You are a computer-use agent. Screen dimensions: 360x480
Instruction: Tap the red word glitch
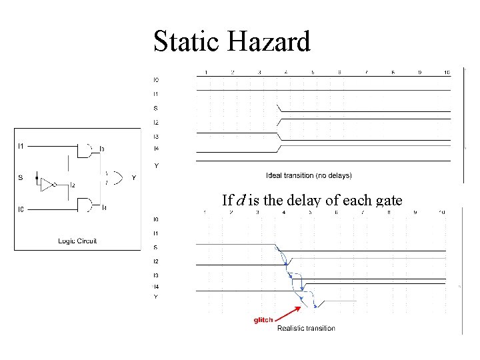point(263,320)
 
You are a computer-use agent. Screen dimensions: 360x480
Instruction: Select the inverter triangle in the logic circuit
point(47,184)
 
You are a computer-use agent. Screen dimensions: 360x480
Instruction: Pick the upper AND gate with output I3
point(87,151)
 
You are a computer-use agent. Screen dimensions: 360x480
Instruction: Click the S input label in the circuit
point(20,177)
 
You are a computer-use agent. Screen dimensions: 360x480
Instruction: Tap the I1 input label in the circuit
point(21,145)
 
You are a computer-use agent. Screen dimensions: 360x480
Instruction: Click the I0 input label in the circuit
point(21,210)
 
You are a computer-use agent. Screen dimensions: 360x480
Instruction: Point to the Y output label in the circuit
point(134,178)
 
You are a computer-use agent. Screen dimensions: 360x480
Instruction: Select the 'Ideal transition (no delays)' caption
point(309,176)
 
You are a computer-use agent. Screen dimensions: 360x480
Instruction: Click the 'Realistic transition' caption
point(306,328)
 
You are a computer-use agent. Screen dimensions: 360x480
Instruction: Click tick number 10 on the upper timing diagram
point(447,71)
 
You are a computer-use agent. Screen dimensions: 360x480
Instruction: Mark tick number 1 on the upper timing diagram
point(206,71)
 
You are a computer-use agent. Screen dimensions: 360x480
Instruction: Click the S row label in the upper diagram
point(156,108)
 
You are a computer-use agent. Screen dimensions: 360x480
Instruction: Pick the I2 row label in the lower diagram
point(156,261)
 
